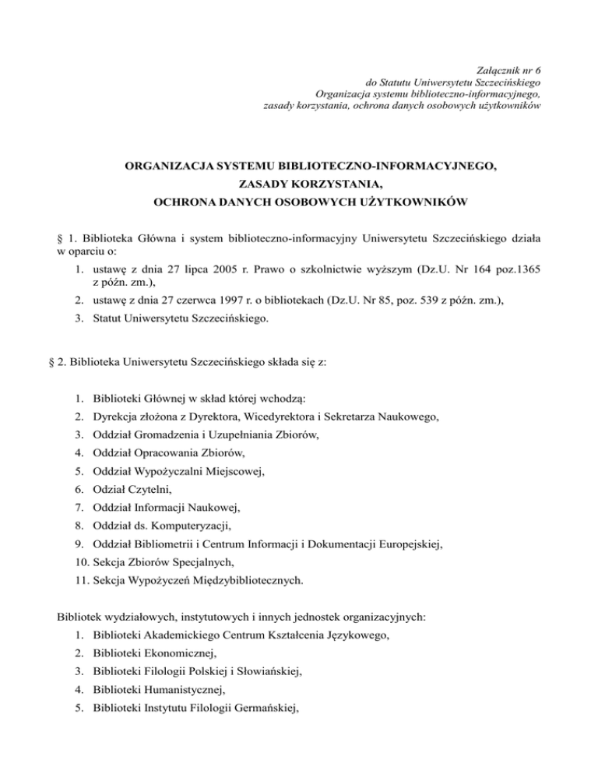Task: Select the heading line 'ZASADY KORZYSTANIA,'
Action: coord(299,185)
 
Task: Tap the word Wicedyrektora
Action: coord(280,417)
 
